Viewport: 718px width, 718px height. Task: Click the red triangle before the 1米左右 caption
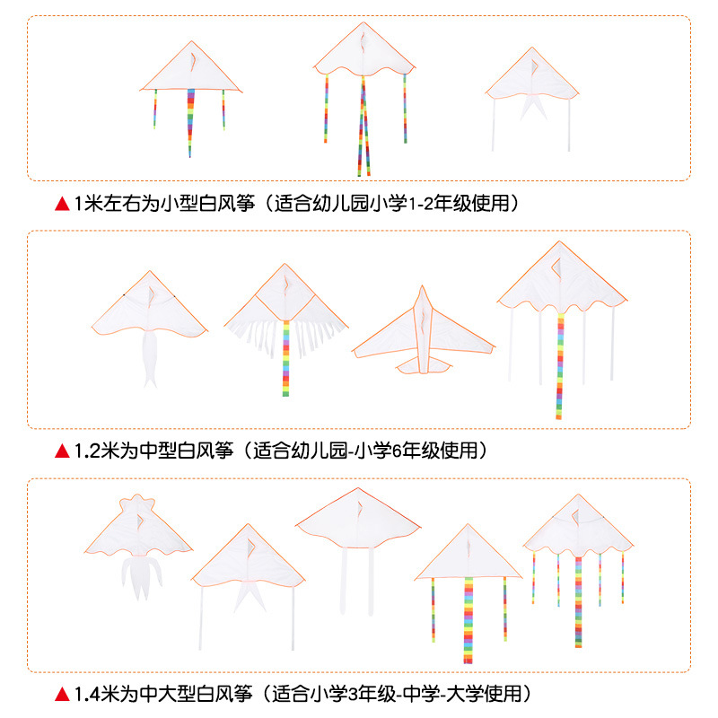click(x=62, y=205)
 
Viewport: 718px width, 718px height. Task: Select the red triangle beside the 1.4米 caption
click(x=62, y=694)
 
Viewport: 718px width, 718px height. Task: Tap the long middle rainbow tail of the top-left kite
click(x=190, y=121)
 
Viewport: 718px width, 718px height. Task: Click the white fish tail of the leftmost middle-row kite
click(x=150, y=359)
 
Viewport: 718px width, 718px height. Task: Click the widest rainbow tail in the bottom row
click(x=468, y=619)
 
